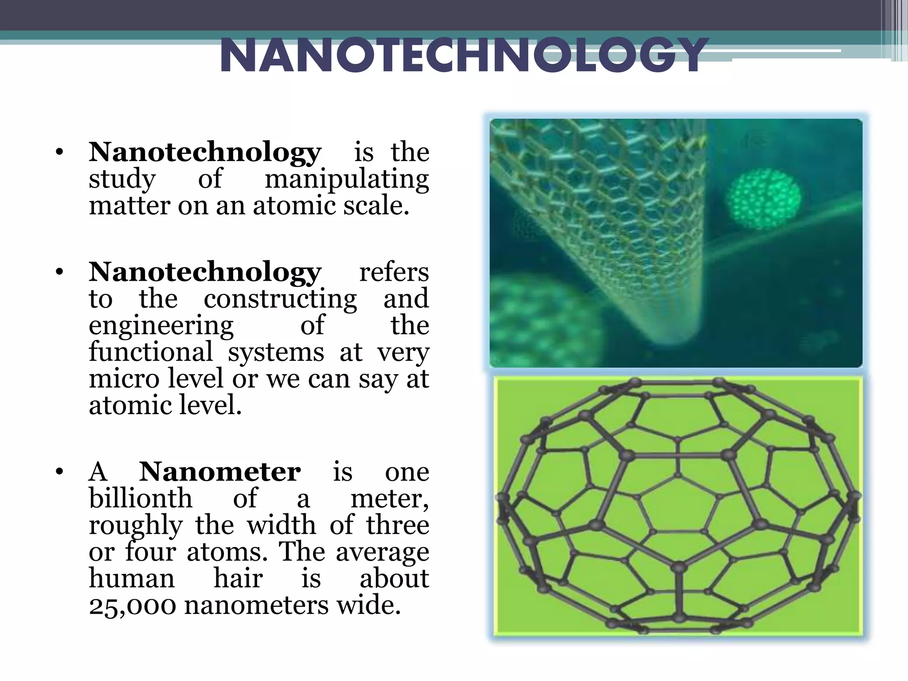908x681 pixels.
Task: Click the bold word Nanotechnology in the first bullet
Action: pyautogui.click(x=205, y=152)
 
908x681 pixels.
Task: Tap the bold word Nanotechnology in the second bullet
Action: pyautogui.click(x=205, y=272)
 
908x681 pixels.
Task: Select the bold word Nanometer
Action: pyautogui.click(x=220, y=472)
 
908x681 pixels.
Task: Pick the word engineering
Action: pyautogui.click(x=161, y=326)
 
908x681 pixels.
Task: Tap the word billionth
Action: pyautogui.click(x=141, y=498)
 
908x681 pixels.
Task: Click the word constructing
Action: pyautogui.click(x=280, y=299)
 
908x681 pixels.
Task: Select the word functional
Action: pyautogui.click(x=151, y=352)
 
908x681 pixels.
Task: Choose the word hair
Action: pyautogui.click(x=239, y=579)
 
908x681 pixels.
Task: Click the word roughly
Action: pyautogui.click(x=136, y=526)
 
